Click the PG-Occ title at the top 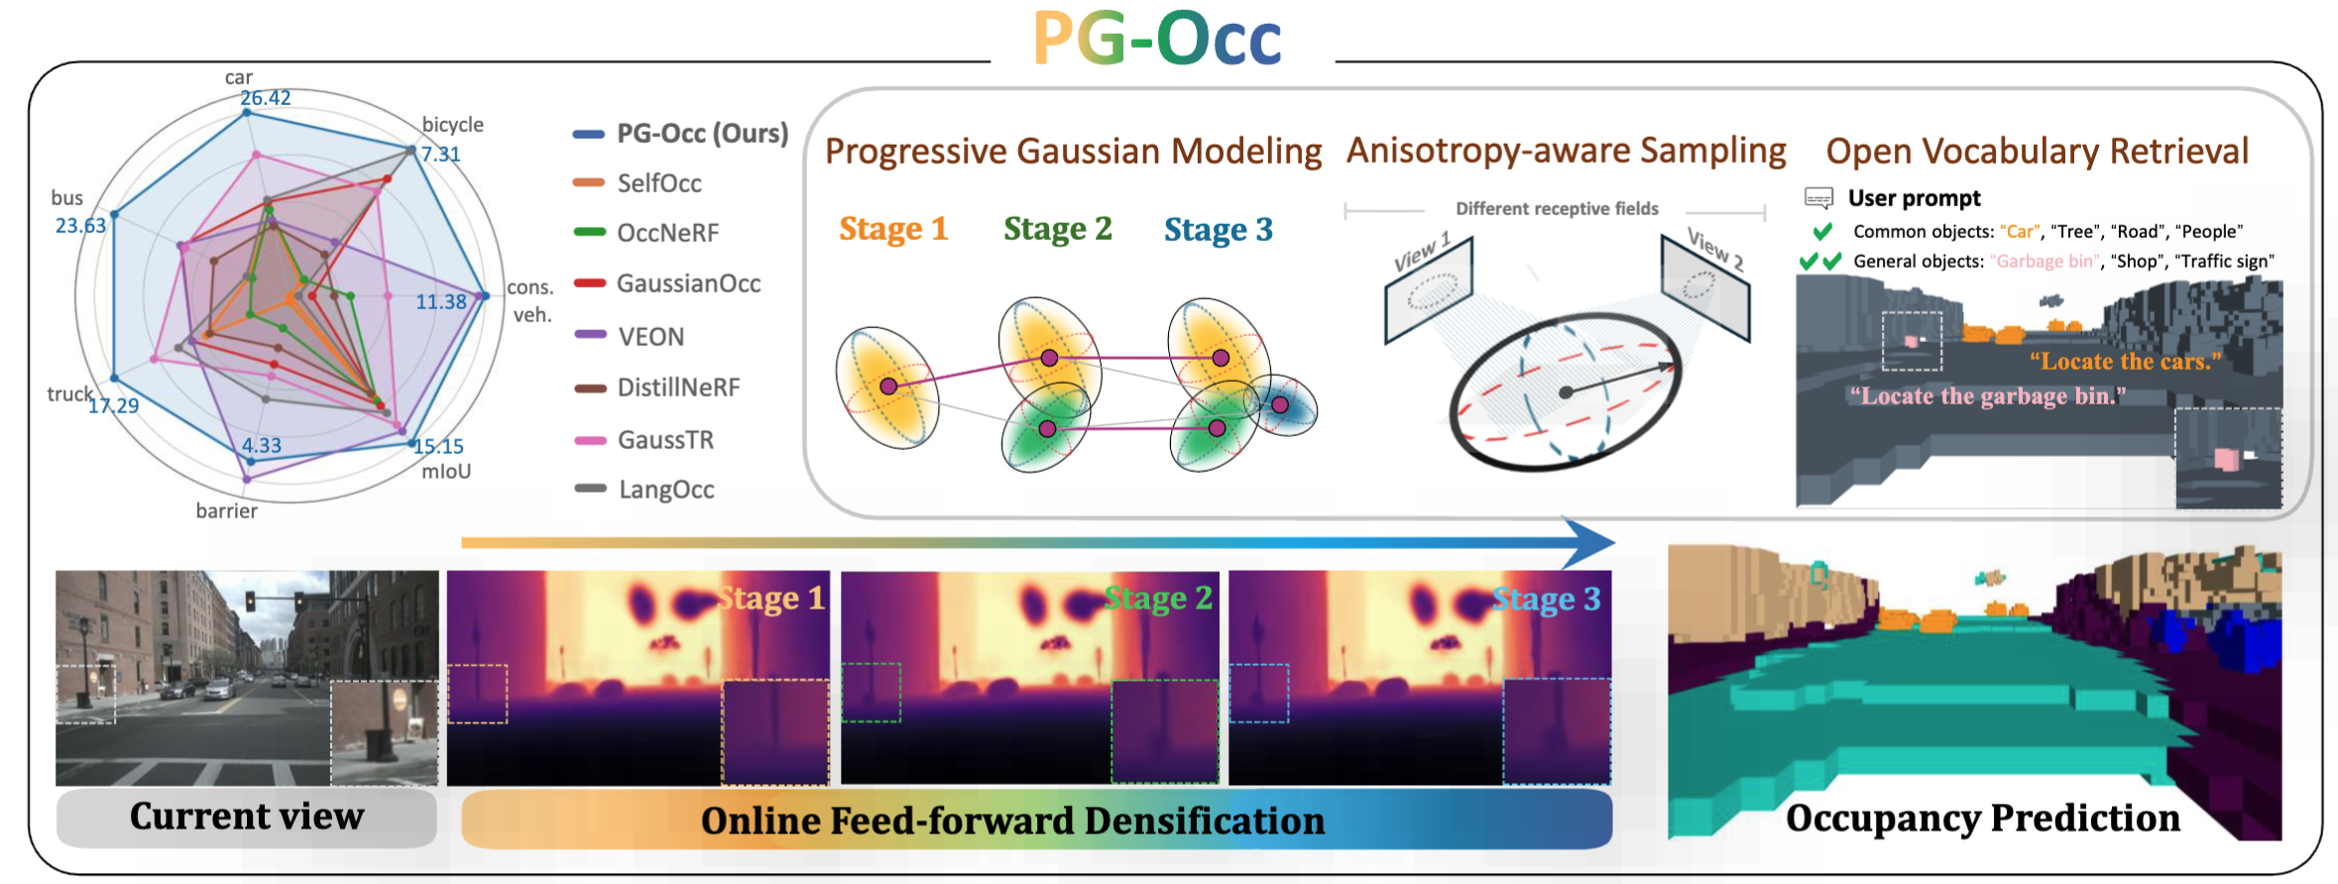pos(1157,39)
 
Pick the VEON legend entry pos(629,336)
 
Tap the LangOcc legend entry pos(644,489)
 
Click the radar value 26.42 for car pos(265,97)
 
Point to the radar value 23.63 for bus pos(80,225)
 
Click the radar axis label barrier pos(226,510)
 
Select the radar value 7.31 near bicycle pos(440,154)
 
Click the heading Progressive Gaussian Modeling pos(1073,151)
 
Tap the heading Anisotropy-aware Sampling pos(1566,150)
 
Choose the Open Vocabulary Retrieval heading pos(2037,151)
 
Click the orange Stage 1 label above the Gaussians pos(893,229)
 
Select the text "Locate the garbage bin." pos(1987,396)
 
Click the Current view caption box pos(246,818)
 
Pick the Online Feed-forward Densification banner pos(1036,820)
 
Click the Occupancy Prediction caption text pos(1982,818)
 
